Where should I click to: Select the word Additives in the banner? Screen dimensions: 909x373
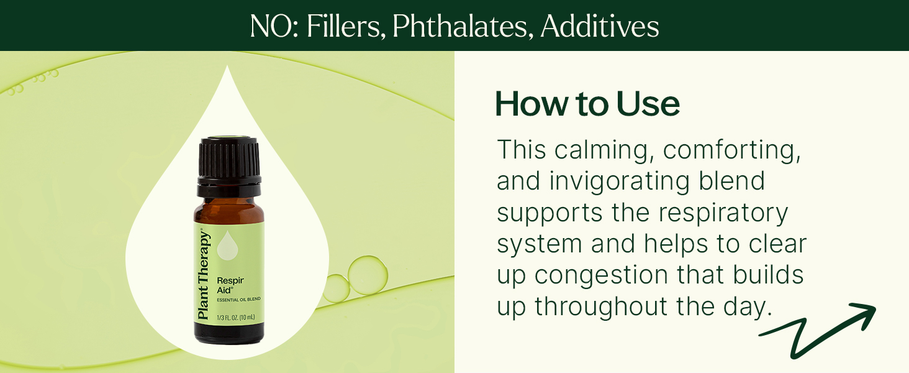pyautogui.click(x=600, y=27)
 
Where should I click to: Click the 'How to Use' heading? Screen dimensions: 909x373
pyautogui.click(x=587, y=104)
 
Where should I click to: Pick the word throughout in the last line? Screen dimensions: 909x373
pyautogui.click(x=600, y=306)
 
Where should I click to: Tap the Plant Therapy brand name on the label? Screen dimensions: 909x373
pyautogui.click(x=203, y=275)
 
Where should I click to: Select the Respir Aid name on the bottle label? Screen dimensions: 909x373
pyautogui.click(x=230, y=285)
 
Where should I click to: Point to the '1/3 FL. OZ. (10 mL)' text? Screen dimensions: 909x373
pyautogui.click(x=236, y=317)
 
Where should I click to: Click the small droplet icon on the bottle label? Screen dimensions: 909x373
pyautogui.click(x=227, y=245)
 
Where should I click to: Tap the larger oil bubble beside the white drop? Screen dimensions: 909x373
pyautogui.click(x=368, y=275)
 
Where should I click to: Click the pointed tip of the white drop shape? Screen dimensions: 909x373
pyautogui.click(x=227, y=66)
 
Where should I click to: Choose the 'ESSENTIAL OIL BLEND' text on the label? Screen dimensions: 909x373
pyautogui.click(x=238, y=300)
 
